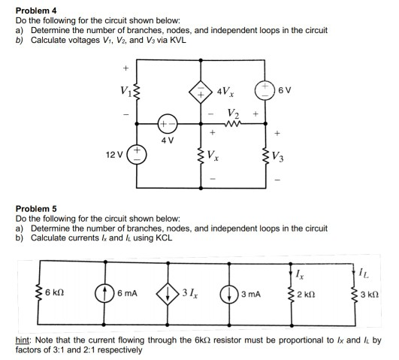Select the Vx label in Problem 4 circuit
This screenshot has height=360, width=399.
click(214, 157)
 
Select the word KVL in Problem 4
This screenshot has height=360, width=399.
click(175, 39)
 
